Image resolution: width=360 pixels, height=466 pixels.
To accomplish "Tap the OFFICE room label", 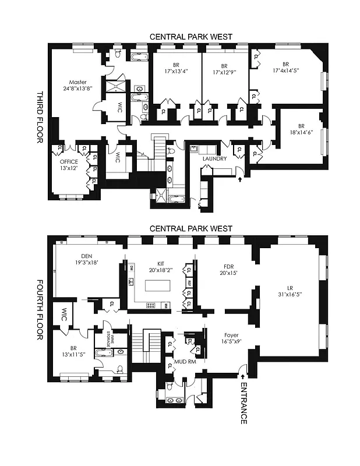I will [69, 162].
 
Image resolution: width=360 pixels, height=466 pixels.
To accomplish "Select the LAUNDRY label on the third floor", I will [214, 158].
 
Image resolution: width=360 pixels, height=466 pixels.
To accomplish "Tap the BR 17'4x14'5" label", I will [285, 68].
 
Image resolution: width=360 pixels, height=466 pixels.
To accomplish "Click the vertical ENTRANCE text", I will [243, 403].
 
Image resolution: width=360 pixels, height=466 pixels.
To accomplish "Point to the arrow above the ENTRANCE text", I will [243, 377].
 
